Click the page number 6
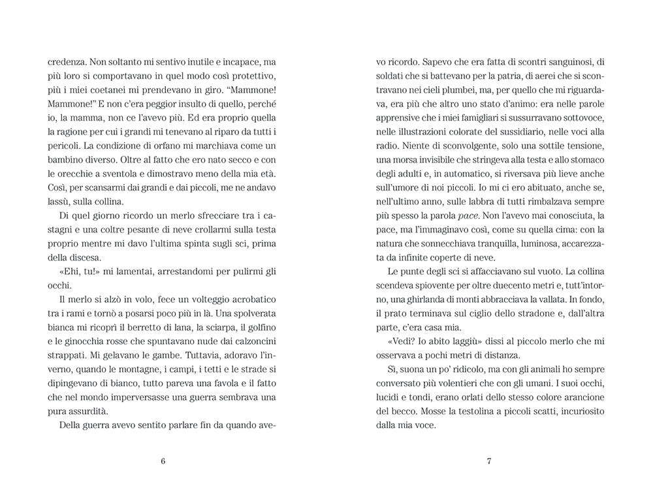163,462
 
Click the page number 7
489,462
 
